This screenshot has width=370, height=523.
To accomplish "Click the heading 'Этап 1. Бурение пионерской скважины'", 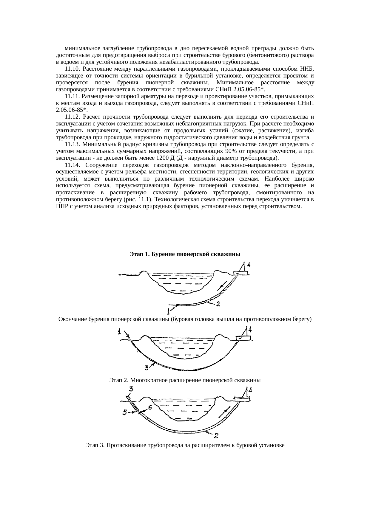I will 185,254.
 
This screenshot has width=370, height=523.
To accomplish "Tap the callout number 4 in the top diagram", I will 248,264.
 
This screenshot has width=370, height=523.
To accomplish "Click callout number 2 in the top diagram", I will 218,304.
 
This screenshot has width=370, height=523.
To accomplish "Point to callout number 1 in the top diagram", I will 169,311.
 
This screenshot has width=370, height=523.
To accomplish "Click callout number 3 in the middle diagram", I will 147,368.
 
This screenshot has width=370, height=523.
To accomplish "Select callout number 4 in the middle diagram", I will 250,330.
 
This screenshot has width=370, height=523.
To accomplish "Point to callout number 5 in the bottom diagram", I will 125,412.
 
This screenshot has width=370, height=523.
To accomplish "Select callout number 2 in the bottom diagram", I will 216,436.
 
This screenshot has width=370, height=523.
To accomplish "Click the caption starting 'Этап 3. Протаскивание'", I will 185,446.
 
